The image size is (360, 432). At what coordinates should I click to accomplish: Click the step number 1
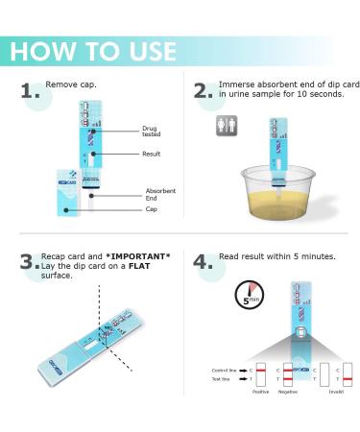30,92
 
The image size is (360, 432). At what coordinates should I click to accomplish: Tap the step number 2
203,92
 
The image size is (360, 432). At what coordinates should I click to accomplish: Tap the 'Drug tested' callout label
156,131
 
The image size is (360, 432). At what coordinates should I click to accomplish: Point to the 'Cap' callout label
153,209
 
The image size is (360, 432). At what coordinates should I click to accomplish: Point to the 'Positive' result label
260,392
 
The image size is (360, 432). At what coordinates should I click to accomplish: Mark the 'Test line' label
222,379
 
